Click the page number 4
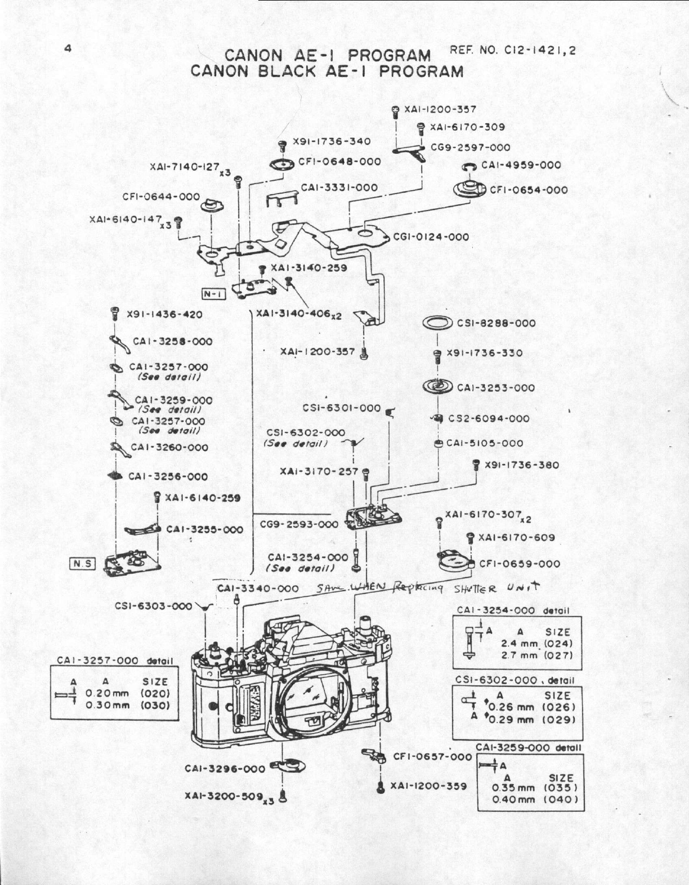pos(68,48)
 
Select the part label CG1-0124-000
pos(431,237)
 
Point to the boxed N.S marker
pos(82,564)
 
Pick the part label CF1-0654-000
pos(529,190)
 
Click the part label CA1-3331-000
pos(339,187)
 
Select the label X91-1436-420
pos(164,315)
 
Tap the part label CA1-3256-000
pos(168,476)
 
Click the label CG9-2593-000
pos(299,525)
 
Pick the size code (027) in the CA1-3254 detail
pos(560,656)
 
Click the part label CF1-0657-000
pos(432,757)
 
